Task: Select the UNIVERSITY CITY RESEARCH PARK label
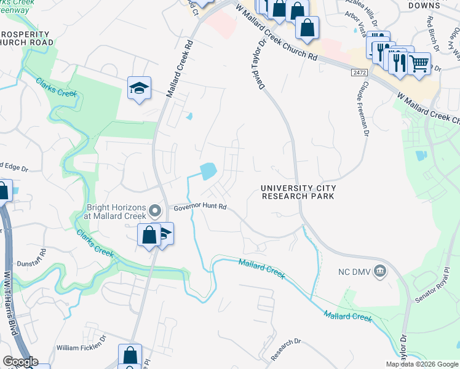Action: pyautogui.click(x=298, y=192)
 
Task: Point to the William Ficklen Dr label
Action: pyautogui.click(x=81, y=347)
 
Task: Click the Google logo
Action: pyautogui.click(x=20, y=362)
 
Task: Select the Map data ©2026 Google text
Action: pyautogui.click(x=422, y=364)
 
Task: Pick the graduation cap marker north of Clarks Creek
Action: pyautogui.click(x=140, y=88)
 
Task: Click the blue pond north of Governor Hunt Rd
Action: pyautogui.click(x=208, y=170)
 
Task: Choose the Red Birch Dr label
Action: pyautogui.click(x=433, y=27)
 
